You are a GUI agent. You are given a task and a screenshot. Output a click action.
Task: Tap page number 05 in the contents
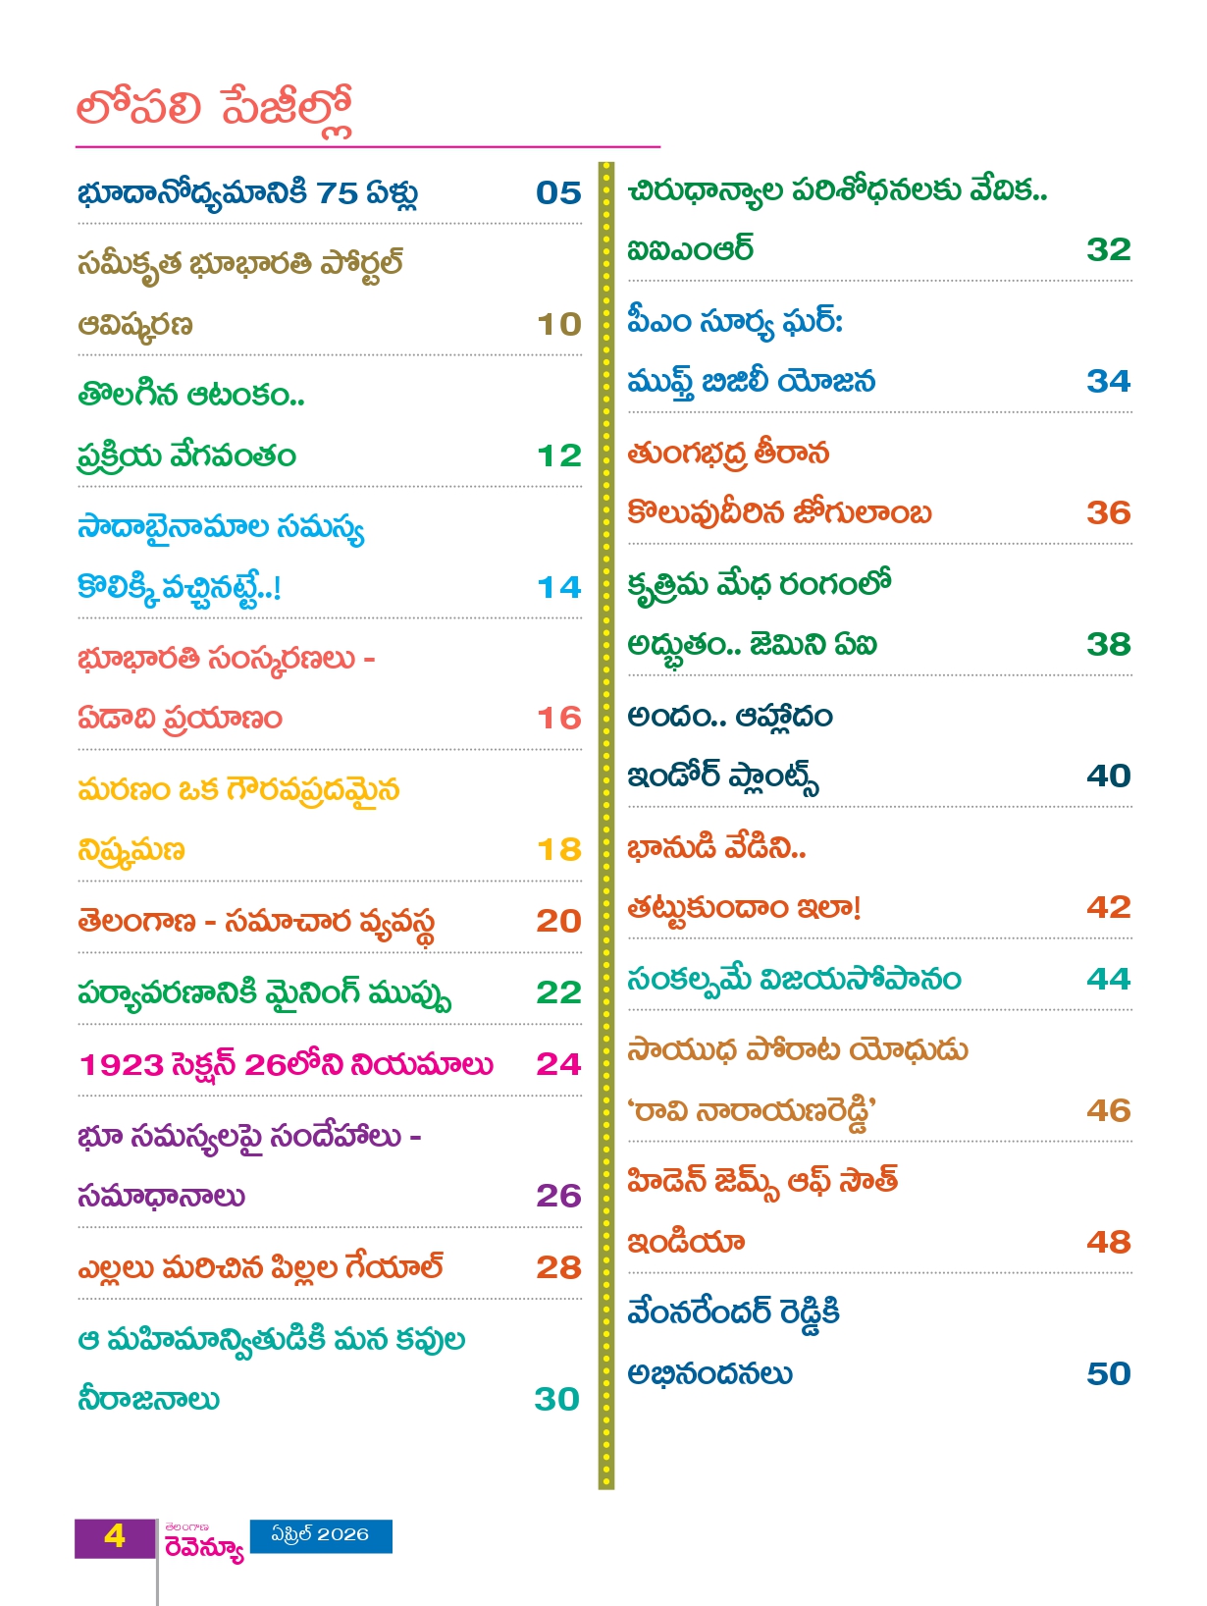pyautogui.click(x=558, y=192)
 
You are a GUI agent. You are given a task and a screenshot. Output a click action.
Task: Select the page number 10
pyautogui.click(x=558, y=324)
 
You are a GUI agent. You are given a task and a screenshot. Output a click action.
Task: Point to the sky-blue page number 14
pyautogui.click(x=558, y=587)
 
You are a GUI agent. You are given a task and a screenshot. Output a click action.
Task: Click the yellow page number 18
pyautogui.click(x=558, y=849)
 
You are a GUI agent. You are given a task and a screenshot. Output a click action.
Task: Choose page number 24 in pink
pyautogui.click(x=558, y=1063)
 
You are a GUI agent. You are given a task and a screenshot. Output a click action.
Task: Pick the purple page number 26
pyautogui.click(x=558, y=1195)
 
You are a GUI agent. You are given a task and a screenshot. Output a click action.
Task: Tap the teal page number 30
pyautogui.click(x=556, y=1399)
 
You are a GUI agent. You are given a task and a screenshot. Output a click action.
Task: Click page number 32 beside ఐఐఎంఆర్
pyautogui.click(x=1108, y=249)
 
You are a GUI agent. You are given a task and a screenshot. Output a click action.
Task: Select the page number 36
pyautogui.click(x=1108, y=512)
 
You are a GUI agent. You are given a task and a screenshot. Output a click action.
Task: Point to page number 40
pyautogui.click(x=1108, y=776)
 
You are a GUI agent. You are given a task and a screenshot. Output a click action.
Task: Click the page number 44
pyautogui.click(x=1108, y=979)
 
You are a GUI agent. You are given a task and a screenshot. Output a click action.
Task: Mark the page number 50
pyautogui.click(x=1108, y=1373)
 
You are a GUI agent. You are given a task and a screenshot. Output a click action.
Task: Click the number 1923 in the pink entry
pyautogui.click(x=121, y=1064)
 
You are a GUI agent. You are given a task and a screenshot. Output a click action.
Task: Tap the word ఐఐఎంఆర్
pyautogui.click(x=690, y=249)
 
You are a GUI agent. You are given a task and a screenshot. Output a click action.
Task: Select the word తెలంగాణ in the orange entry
pyautogui.click(x=136, y=921)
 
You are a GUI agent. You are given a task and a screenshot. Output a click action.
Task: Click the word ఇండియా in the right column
pyautogui.click(x=686, y=1243)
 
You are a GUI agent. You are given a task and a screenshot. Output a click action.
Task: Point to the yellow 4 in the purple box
pyautogui.click(x=115, y=1536)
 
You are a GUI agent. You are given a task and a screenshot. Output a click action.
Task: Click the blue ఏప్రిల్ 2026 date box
pyautogui.click(x=321, y=1535)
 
